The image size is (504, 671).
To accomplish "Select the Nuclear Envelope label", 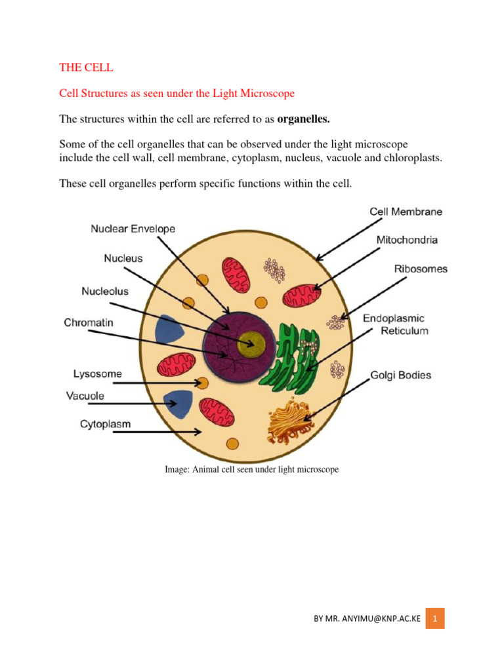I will point(133,229).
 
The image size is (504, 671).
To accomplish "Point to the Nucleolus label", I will point(105,290).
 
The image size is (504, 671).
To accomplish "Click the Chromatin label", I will point(89,322).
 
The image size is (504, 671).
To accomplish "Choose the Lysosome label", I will point(97,374).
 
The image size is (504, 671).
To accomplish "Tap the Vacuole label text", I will point(85,396).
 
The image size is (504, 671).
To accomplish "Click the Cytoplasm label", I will point(105,424).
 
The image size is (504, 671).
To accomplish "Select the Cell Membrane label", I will point(406,212).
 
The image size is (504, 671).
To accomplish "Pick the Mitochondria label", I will point(407,240).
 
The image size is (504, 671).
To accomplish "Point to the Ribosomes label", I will point(421,269).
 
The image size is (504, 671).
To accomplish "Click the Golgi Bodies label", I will point(401,375).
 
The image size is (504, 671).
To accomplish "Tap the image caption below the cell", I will point(251,470).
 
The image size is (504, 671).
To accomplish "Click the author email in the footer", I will point(367,619).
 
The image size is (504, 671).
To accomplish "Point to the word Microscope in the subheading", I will point(267,94).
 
